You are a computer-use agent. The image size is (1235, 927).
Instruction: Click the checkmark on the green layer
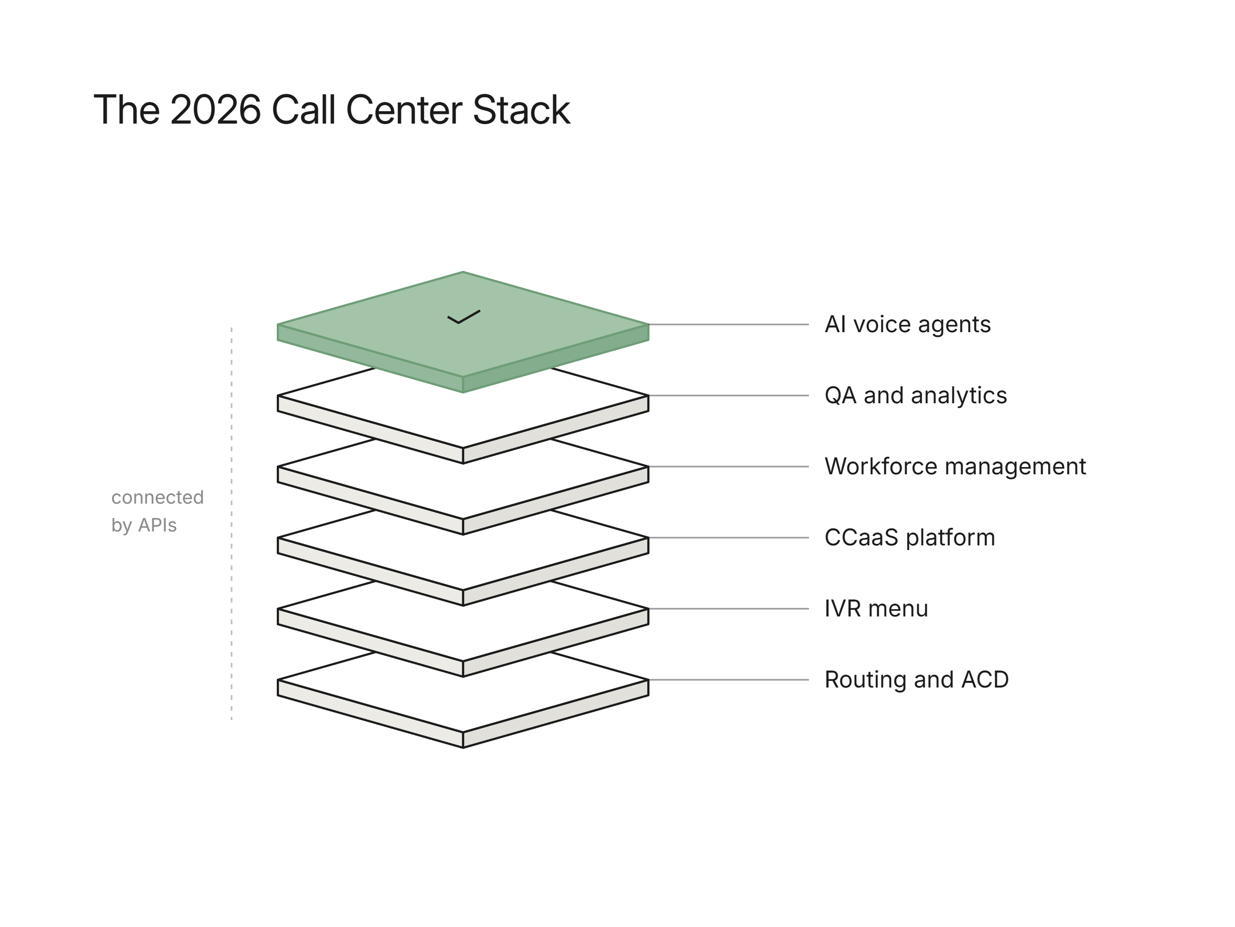click(464, 317)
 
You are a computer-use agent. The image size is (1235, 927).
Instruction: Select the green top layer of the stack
click(463, 333)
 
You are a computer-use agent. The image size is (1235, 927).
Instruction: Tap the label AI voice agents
click(907, 324)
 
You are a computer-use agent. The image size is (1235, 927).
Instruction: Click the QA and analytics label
click(915, 396)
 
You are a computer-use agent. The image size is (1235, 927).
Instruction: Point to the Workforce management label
click(955, 467)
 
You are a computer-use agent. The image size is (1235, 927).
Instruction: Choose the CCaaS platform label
click(909, 538)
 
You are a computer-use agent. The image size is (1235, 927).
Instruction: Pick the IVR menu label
click(876, 609)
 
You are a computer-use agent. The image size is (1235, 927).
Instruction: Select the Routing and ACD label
click(916, 680)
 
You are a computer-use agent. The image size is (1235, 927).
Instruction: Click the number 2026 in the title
click(215, 110)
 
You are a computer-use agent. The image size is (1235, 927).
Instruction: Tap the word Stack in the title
click(521, 110)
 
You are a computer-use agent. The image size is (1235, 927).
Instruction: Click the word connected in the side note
click(157, 497)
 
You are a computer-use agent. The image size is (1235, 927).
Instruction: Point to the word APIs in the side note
click(157, 525)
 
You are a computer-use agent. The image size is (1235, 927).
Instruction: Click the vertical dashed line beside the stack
click(232, 524)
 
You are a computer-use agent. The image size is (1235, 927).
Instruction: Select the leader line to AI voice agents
click(729, 324)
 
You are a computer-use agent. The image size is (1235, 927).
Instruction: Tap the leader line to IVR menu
click(729, 609)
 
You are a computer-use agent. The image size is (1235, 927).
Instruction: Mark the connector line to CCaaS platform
click(729, 538)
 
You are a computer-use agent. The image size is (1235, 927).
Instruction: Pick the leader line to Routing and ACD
click(729, 680)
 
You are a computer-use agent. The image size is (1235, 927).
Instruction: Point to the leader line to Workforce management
click(729, 467)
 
